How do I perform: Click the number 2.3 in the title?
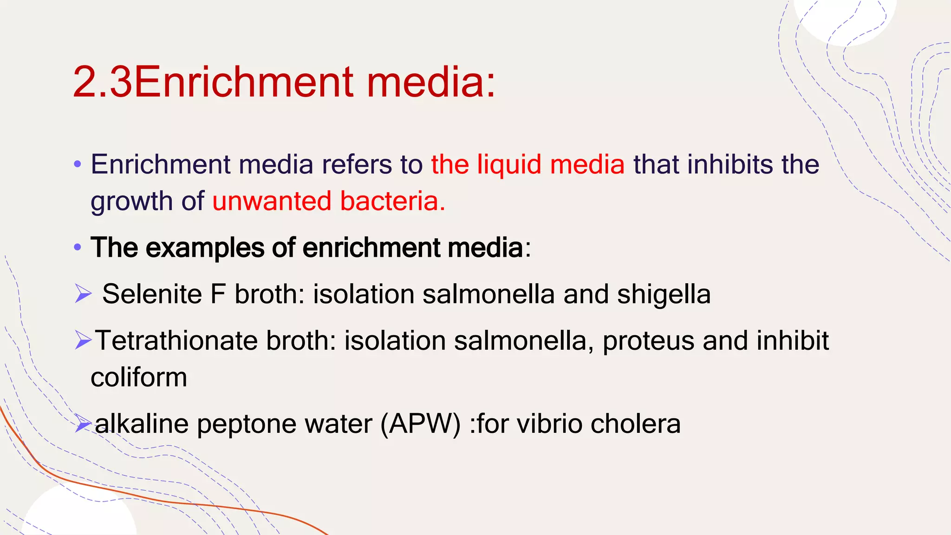coord(102,82)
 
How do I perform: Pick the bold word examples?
coord(205,248)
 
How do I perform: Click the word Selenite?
coord(152,294)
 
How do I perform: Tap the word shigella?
coord(664,294)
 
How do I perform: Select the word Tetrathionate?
coord(176,340)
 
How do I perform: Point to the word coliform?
coord(139,377)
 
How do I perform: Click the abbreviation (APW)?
coord(420,424)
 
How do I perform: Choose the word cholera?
coord(635,424)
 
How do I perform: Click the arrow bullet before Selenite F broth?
coord(83,294)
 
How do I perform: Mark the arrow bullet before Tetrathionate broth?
coord(83,341)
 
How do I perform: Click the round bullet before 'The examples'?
coord(78,248)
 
